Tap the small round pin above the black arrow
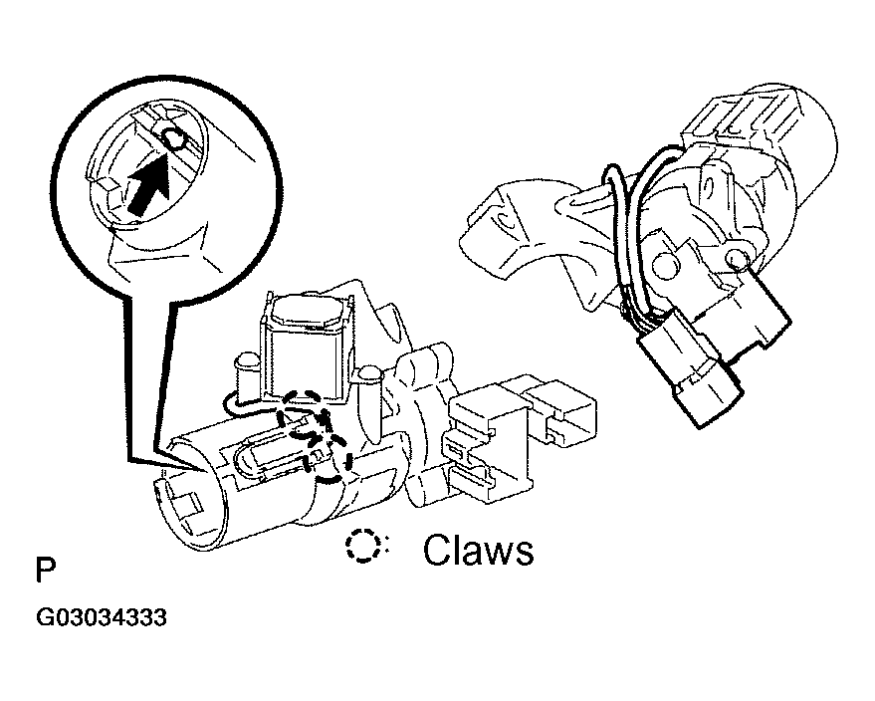173,137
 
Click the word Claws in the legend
478,550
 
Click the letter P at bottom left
46,570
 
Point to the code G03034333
102,617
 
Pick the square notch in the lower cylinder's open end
188,501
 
